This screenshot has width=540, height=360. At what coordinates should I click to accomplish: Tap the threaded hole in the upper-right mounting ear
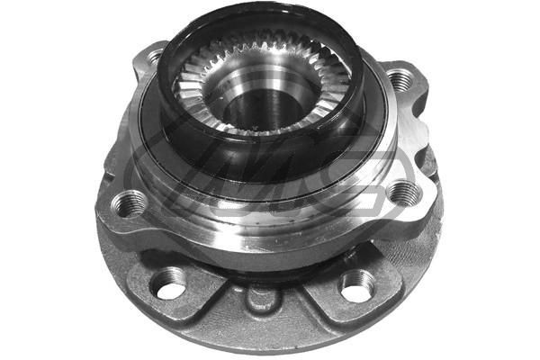point(399,79)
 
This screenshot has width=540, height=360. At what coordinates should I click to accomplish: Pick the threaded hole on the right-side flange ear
point(400,191)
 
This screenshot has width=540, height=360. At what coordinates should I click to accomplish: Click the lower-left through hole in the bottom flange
point(168,285)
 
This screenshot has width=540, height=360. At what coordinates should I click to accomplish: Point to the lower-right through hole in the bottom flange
point(356,286)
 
